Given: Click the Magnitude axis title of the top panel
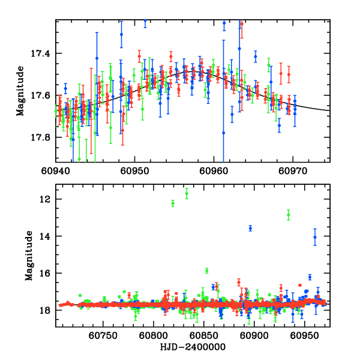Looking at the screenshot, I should tap(20, 91).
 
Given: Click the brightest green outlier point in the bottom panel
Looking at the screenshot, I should tap(187, 193).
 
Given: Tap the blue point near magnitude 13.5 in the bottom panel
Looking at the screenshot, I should tap(251, 228).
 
